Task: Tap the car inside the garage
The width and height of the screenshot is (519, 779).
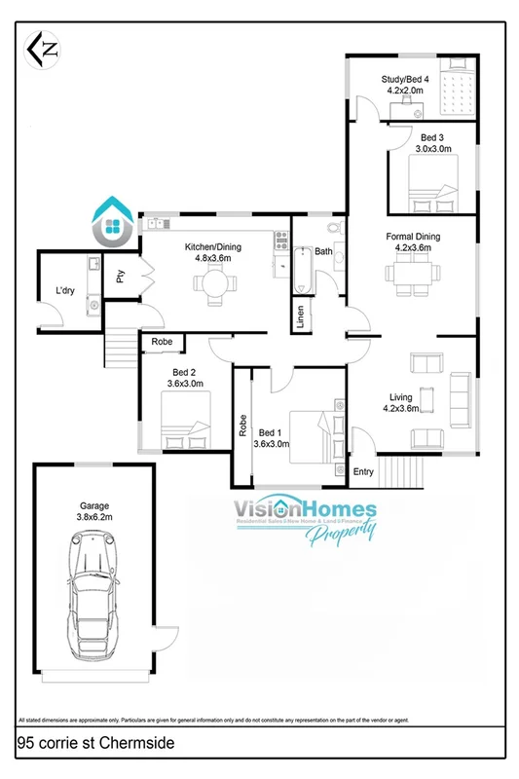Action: tap(93, 603)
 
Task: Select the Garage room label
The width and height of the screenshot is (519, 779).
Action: tap(94, 505)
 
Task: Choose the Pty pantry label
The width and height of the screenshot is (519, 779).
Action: tap(120, 277)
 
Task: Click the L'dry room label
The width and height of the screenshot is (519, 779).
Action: tap(66, 290)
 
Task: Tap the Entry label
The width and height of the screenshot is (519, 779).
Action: tap(363, 472)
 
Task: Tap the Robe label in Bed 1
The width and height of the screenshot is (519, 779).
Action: tap(241, 426)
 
